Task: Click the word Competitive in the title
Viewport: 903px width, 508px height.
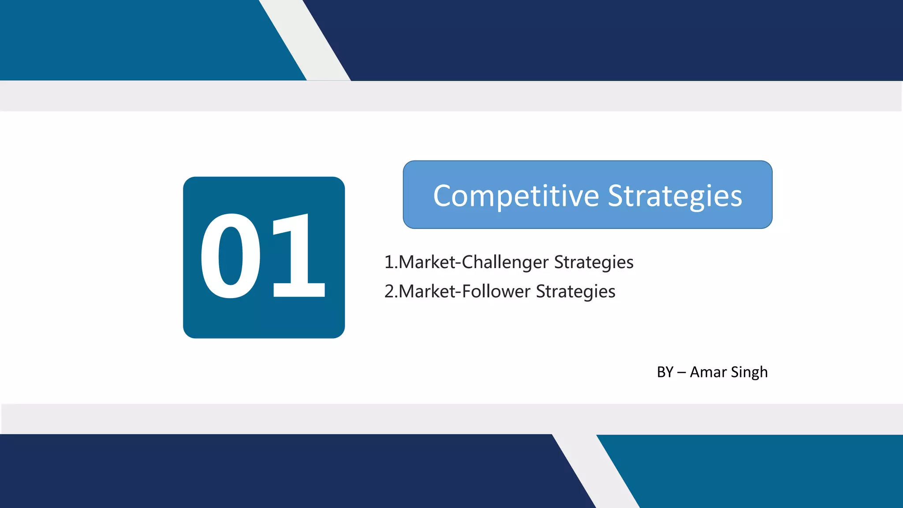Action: (x=515, y=196)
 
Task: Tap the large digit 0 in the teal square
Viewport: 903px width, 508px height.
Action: (x=230, y=256)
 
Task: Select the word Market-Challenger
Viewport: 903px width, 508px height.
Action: (x=474, y=262)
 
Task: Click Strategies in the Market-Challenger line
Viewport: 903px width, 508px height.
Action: (x=593, y=262)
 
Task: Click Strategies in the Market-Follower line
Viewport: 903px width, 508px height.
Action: (x=575, y=291)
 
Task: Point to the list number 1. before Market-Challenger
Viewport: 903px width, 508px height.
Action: (x=391, y=262)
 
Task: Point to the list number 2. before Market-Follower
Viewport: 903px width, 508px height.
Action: (x=391, y=291)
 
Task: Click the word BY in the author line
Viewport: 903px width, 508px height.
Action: (x=665, y=372)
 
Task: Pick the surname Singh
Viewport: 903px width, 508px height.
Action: (x=749, y=372)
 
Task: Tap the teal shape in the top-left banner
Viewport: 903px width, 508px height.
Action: (x=132, y=40)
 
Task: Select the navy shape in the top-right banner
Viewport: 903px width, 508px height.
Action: (x=617, y=40)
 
